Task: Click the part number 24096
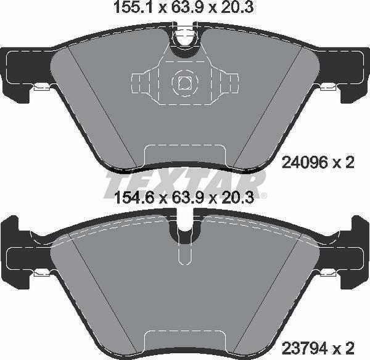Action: pyautogui.click(x=300, y=163)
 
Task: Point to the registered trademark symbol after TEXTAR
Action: pyautogui.click(x=264, y=196)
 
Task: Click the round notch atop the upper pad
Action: pyautogui.click(x=184, y=41)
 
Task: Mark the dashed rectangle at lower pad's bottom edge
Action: pyautogui.click(x=184, y=343)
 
